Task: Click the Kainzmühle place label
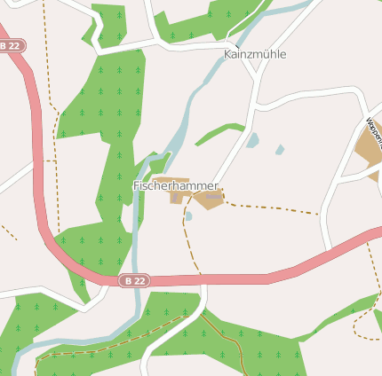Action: point(255,54)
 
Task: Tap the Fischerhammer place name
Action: point(175,185)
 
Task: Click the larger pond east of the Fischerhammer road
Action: point(253,140)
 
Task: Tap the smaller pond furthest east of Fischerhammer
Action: point(280,149)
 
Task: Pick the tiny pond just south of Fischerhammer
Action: point(188,215)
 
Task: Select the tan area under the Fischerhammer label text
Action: point(176,195)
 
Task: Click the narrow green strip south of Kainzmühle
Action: point(218,132)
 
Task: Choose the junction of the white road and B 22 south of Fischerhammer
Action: point(203,280)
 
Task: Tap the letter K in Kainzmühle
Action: point(228,54)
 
